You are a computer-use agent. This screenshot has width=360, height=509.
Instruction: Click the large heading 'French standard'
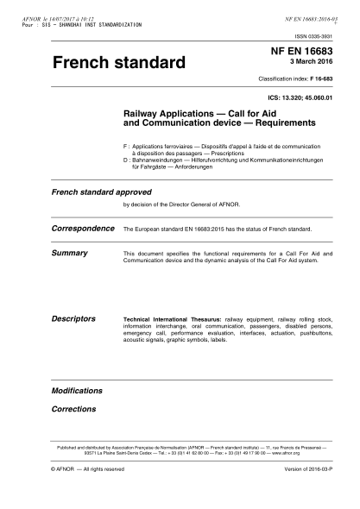(119, 63)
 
